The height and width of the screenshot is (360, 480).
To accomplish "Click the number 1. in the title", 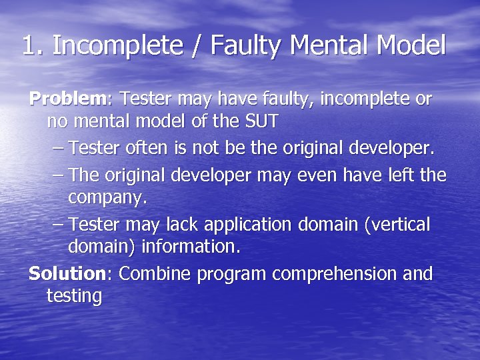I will click(33, 46).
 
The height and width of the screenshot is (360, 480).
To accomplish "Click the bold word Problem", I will click(67, 99).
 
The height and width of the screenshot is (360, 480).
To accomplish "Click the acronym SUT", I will click(259, 122).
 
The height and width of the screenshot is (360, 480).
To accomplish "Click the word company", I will click(107, 198).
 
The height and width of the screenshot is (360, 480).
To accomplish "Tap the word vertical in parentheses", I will click(398, 224).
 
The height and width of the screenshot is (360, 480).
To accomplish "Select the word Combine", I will click(152, 273).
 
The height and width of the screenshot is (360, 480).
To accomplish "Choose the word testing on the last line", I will click(74, 297).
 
